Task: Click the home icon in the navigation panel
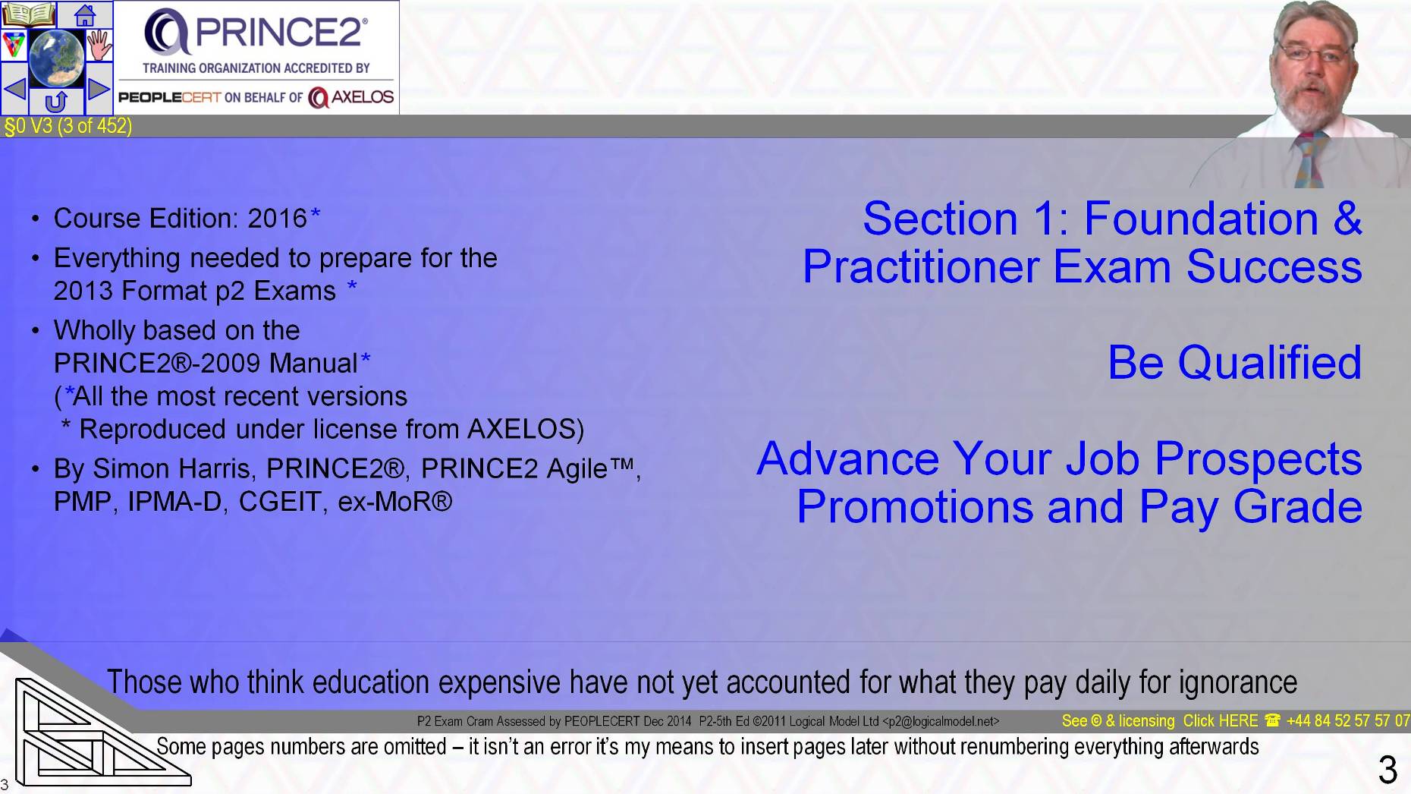(85, 14)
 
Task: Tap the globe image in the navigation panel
(56, 58)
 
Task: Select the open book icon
(29, 14)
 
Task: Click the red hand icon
(99, 46)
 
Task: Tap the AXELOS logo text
(353, 97)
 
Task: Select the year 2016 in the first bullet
(277, 219)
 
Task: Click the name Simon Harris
(171, 469)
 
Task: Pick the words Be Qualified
(1234, 362)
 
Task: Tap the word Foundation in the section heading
(1201, 219)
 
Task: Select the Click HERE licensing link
(1220, 721)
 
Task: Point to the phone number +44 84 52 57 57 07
(1347, 721)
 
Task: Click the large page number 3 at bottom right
(1387, 770)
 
